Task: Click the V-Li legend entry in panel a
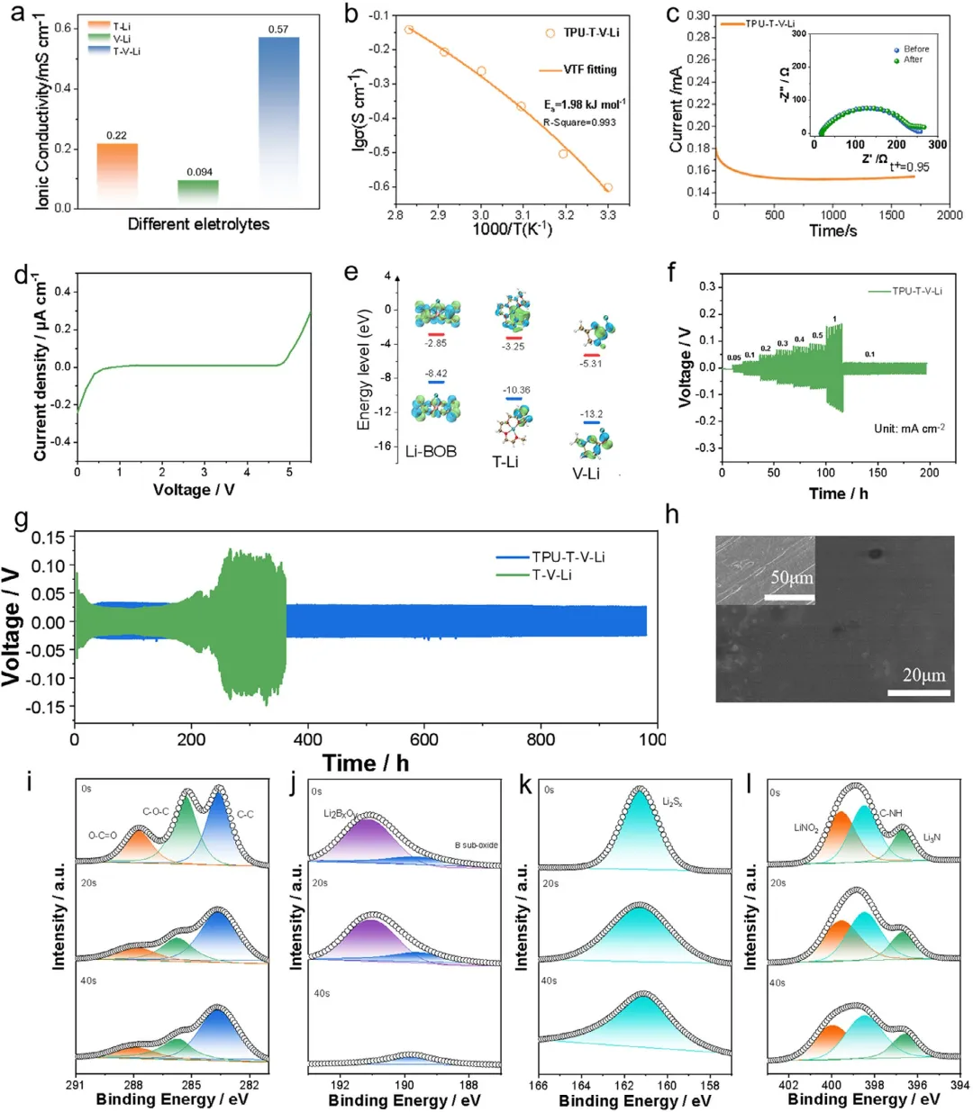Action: click(121, 39)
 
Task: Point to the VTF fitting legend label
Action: click(590, 69)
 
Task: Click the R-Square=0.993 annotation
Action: click(579, 122)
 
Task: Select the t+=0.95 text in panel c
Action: click(909, 167)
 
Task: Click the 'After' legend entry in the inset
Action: click(913, 59)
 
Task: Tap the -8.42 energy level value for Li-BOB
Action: click(436, 374)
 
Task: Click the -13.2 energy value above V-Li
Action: click(591, 414)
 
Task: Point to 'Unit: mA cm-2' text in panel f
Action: click(909, 428)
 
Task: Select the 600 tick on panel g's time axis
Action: click(423, 739)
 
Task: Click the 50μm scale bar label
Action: click(791, 578)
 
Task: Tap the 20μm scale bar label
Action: click(923, 675)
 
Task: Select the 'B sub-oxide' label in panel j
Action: click(476, 845)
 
